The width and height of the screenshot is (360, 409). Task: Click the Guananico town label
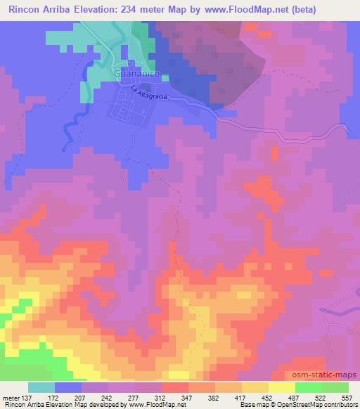pyautogui.click(x=138, y=73)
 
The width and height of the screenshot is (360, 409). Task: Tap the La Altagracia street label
pyautogui.click(x=148, y=92)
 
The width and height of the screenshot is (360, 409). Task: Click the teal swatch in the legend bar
pyautogui.click(x=41, y=387)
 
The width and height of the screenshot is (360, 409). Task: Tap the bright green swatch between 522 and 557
pyautogui.click(x=335, y=387)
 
